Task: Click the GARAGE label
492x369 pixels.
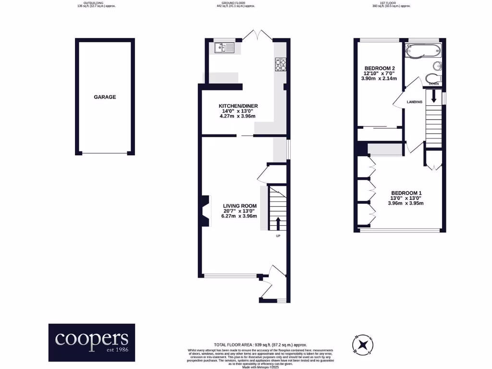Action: click(105, 97)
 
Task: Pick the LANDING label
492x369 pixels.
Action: click(414, 102)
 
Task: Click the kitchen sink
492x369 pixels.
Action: click(224, 48)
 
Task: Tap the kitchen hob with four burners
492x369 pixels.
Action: click(280, 64)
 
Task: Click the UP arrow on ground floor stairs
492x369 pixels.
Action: click(278, 223)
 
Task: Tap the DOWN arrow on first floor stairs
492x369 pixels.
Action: click(433, 97)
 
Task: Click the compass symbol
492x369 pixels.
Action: click(364, 344)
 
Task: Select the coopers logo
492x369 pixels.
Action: click(92, 342)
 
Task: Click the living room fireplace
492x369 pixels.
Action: click(205, 211)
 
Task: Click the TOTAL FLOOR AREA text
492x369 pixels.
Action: click(260, 345)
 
